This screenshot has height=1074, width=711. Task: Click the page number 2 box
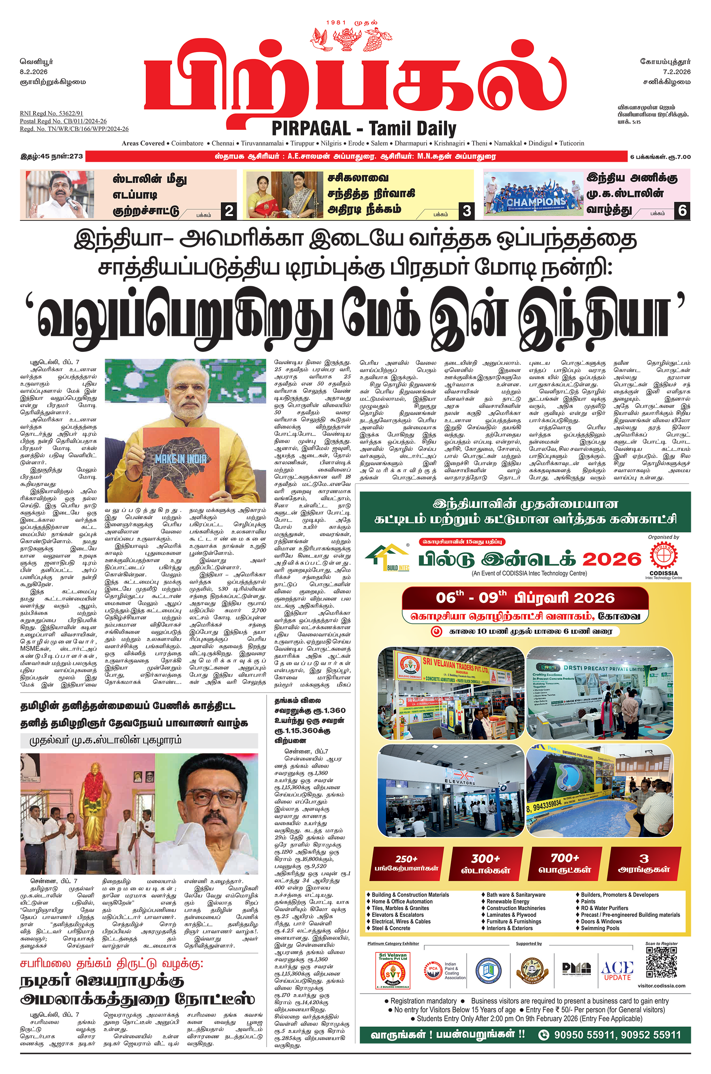229,211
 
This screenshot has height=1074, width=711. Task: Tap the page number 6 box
682,210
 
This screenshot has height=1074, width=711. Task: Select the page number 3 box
466,211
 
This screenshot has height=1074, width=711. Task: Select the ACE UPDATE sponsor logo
617,970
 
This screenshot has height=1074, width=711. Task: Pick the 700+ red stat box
564,863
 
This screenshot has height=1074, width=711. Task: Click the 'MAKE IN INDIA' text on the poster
181,458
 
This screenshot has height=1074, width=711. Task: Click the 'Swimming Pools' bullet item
600,928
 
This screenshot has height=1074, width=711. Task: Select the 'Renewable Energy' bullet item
508,901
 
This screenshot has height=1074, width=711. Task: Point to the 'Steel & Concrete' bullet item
390,928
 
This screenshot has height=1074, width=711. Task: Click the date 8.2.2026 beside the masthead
34,71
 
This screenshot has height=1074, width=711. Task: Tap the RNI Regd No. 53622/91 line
51,113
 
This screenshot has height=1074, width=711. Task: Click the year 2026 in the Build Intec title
612,560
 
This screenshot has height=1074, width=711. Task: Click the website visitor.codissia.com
661,986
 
